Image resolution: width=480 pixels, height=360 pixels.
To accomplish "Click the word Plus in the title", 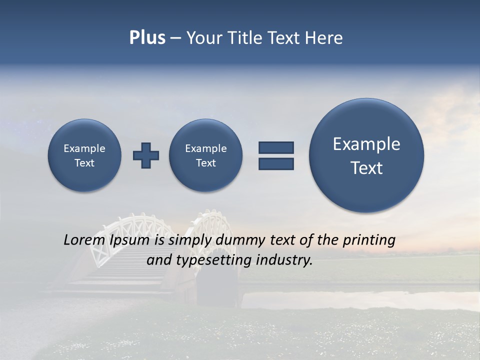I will pos(147,38).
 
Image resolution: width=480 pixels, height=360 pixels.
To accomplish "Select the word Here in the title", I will pos(323,38).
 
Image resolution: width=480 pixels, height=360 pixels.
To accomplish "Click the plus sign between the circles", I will pos(146,155).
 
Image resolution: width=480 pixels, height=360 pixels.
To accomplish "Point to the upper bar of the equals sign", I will pos(276,147).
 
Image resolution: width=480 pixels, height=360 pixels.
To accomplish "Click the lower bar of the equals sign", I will pos(276,163).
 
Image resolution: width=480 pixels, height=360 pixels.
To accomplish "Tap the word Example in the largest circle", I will pos(366,144).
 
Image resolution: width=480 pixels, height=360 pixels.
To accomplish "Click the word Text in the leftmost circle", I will pos(84,163).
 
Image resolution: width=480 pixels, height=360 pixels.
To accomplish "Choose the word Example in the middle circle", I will pos(206,148).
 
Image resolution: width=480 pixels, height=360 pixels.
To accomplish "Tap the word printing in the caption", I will pos(369,240).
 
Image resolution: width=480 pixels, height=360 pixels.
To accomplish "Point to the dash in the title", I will pos(175,38).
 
